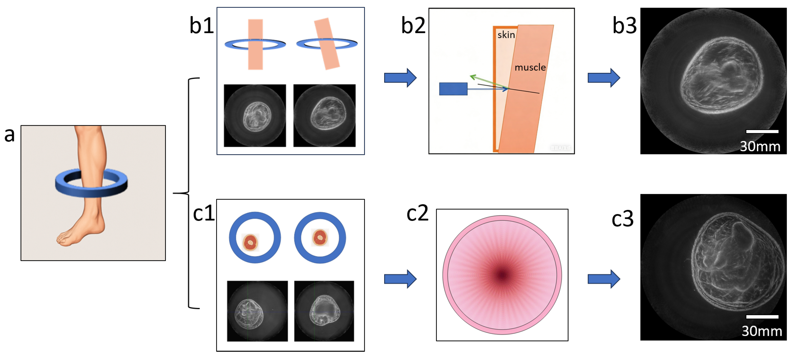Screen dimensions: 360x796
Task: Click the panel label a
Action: tap(10, 135)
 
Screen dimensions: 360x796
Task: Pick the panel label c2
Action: tap(418, 213)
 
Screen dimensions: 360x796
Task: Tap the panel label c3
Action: tap(623, 219)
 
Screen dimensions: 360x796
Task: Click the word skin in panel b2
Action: tap(506, 35)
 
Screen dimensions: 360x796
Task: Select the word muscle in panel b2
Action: tap(530, 67)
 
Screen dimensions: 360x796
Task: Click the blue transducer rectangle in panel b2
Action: tap(453, 89)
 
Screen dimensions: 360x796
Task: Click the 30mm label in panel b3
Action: tap(760, 146)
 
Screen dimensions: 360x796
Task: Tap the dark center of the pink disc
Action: tap(502, 275)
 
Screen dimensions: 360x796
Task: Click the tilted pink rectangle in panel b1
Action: tap(327, 43)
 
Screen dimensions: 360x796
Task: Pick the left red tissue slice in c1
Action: tap(250, 242)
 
